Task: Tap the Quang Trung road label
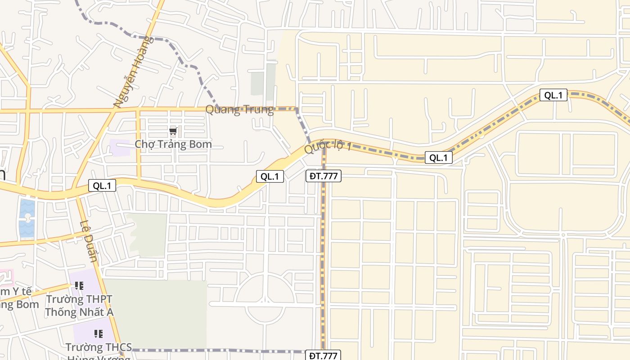239,110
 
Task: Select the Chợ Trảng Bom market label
173,144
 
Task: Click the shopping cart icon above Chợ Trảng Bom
173,132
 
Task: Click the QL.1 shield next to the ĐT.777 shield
270,176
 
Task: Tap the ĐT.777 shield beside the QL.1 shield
324,176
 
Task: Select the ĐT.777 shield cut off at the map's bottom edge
324,355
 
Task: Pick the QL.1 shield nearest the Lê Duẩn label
102,185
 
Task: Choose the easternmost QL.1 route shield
553,95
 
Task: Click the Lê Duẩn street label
89,241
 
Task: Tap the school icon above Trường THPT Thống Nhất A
79,286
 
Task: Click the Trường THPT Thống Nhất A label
79,306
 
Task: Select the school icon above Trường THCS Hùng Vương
99,334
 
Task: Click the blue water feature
27,218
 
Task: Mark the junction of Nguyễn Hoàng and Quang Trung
116,109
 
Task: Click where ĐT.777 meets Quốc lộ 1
324,145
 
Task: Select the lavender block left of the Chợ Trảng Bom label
119,147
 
